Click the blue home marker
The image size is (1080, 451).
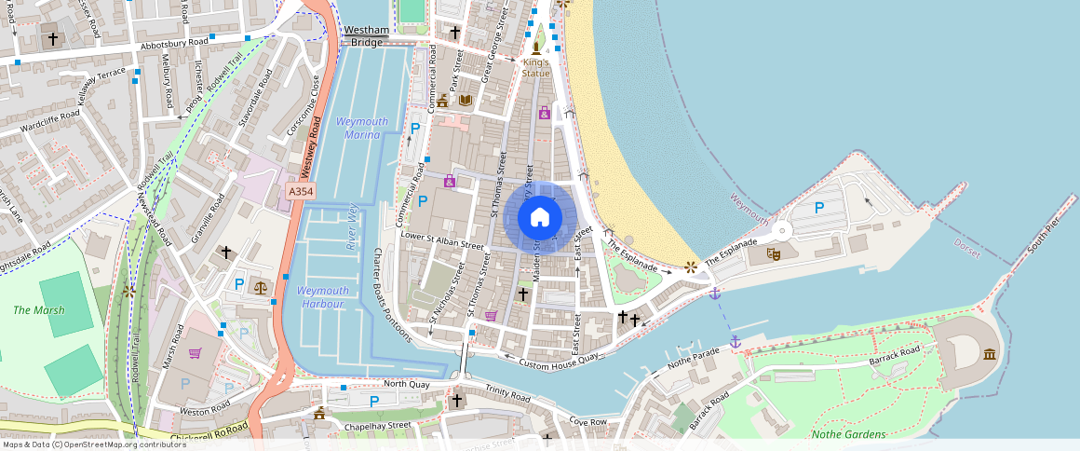(540, 218)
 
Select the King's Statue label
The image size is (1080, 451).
(535, 67)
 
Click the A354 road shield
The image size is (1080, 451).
(300, 190)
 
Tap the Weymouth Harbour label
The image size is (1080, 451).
(323, 297)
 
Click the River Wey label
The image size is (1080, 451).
(353, 226)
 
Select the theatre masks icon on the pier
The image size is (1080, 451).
(773, 253)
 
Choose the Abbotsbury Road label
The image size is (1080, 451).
(174, 43)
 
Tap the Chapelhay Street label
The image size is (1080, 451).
(377, 425)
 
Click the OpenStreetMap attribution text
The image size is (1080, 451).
(94, 444)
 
